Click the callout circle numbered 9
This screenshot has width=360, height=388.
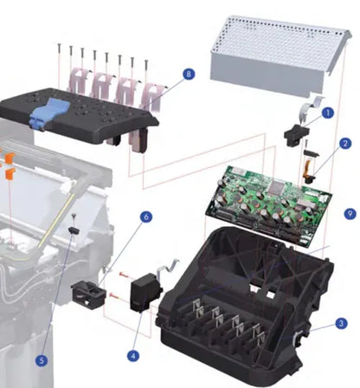[x=349, y=212]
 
